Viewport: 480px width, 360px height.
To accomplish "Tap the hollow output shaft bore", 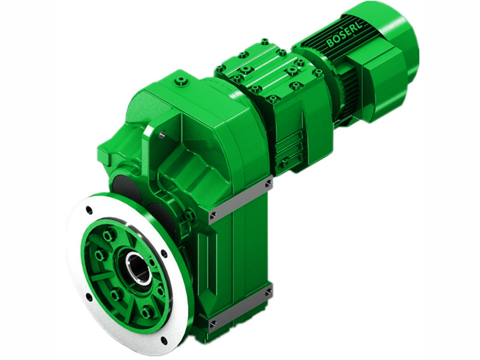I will point(137,268).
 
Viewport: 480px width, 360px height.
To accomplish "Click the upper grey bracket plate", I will point(240,199).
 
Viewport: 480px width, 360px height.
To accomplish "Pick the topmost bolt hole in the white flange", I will point(89,210).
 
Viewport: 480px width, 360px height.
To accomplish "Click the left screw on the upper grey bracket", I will point(213,214).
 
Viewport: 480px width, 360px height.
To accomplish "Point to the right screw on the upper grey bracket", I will point(268,183).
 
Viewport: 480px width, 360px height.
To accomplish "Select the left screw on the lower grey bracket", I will point(214,323).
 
